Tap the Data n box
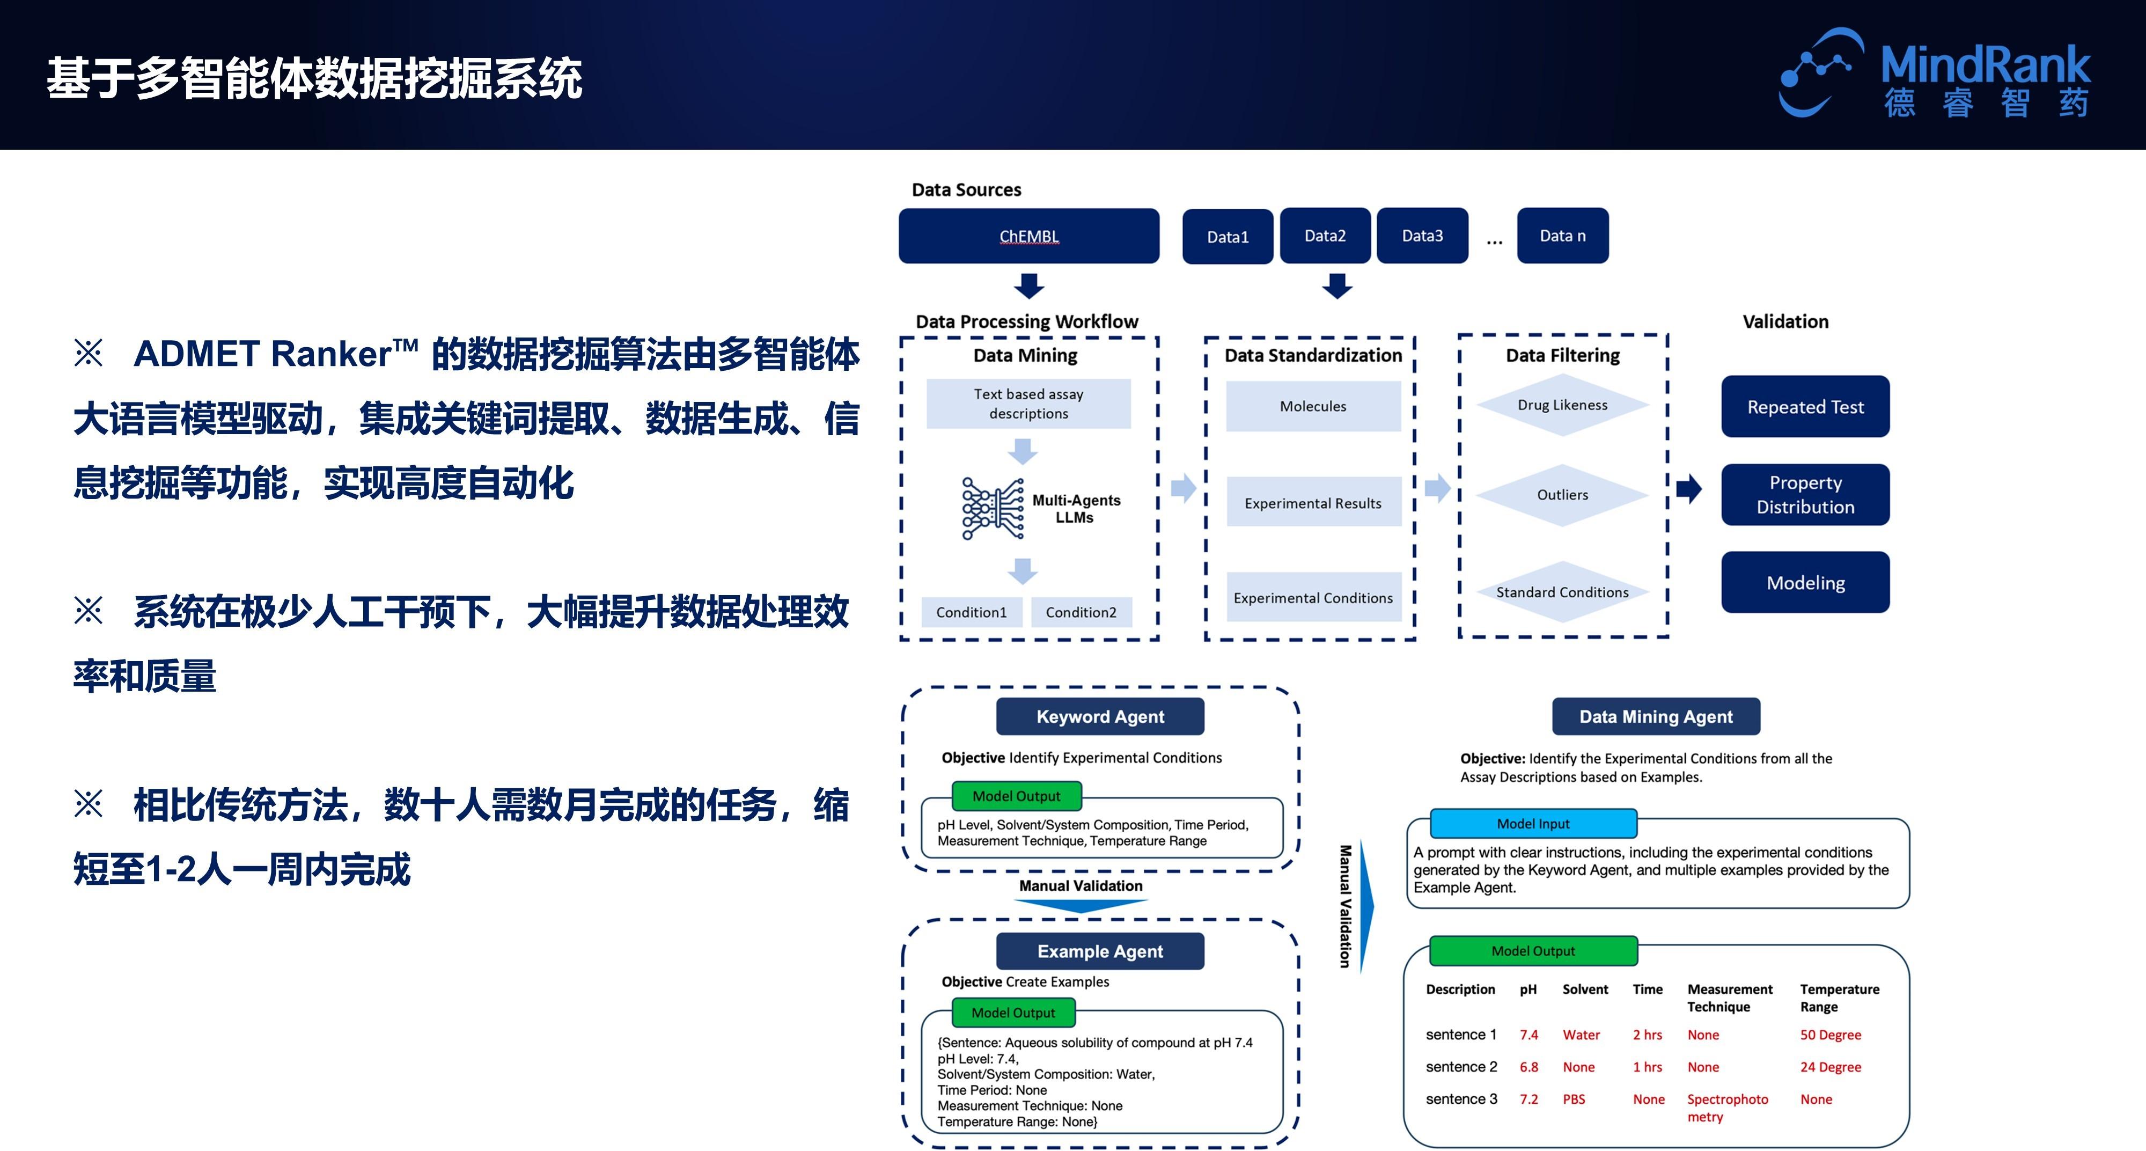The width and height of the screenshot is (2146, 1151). (1562, 236)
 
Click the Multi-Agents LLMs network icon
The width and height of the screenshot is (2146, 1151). (992, 508)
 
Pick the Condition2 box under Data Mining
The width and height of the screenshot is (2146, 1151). (1081, 612)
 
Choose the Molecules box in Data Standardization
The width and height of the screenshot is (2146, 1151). (1313, 406)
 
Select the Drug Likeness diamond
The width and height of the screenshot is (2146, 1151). (1562, 405)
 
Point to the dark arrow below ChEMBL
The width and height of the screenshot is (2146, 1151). (1029, 286)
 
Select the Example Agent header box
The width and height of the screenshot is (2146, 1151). (1100, 951)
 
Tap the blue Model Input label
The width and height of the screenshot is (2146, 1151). (1533, 824)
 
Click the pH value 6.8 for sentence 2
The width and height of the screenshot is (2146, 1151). (1528, 1067)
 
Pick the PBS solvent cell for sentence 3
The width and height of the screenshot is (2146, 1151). (1574, 1099)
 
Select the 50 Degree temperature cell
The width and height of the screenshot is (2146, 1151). (1830, 1035)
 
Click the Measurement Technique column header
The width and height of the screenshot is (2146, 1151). (1730, 998)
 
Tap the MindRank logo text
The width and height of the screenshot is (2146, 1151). (1985, 65)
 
